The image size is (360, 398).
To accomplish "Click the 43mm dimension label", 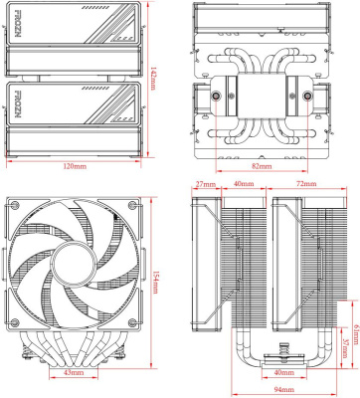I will point(73,372).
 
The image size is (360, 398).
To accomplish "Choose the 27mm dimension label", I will point(205,185).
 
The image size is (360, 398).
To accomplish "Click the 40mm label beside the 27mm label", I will point(243,185).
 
